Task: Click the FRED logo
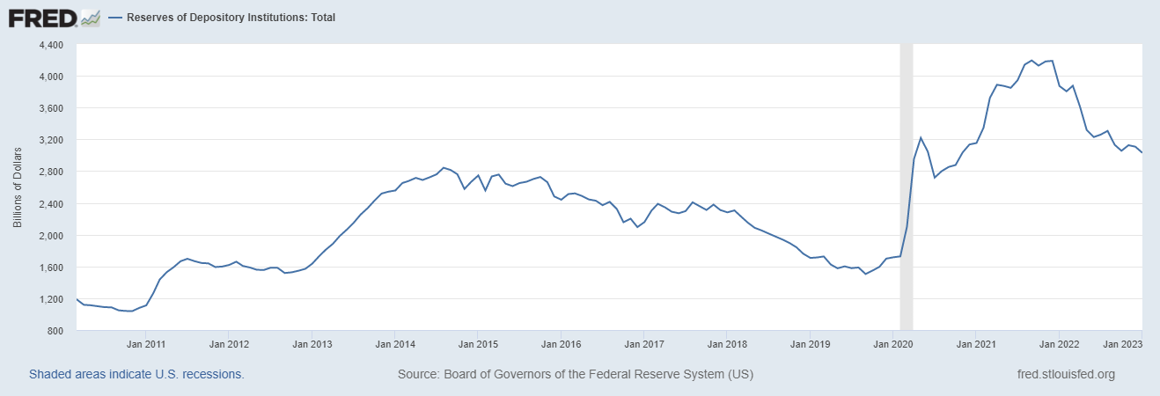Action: pyautogui.click(x=43, y=17)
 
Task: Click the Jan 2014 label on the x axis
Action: pyautogui.click(x=396, y=344)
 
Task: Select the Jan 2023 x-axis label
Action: pyautogui.click(x=1124, y=344)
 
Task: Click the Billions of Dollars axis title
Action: pyautogui.click(x=18, y=188)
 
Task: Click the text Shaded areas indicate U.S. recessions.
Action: pyautogui.click(x=136, y=374)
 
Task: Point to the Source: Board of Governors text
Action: pyautogui.click(x=576, y=374)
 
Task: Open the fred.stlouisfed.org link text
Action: pyautogui.click(x=1065, y=374)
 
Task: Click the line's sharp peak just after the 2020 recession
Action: pyautogui.click(x=921, y=137)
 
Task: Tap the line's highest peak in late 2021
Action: pyautogui.click(x=1052, y=61)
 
